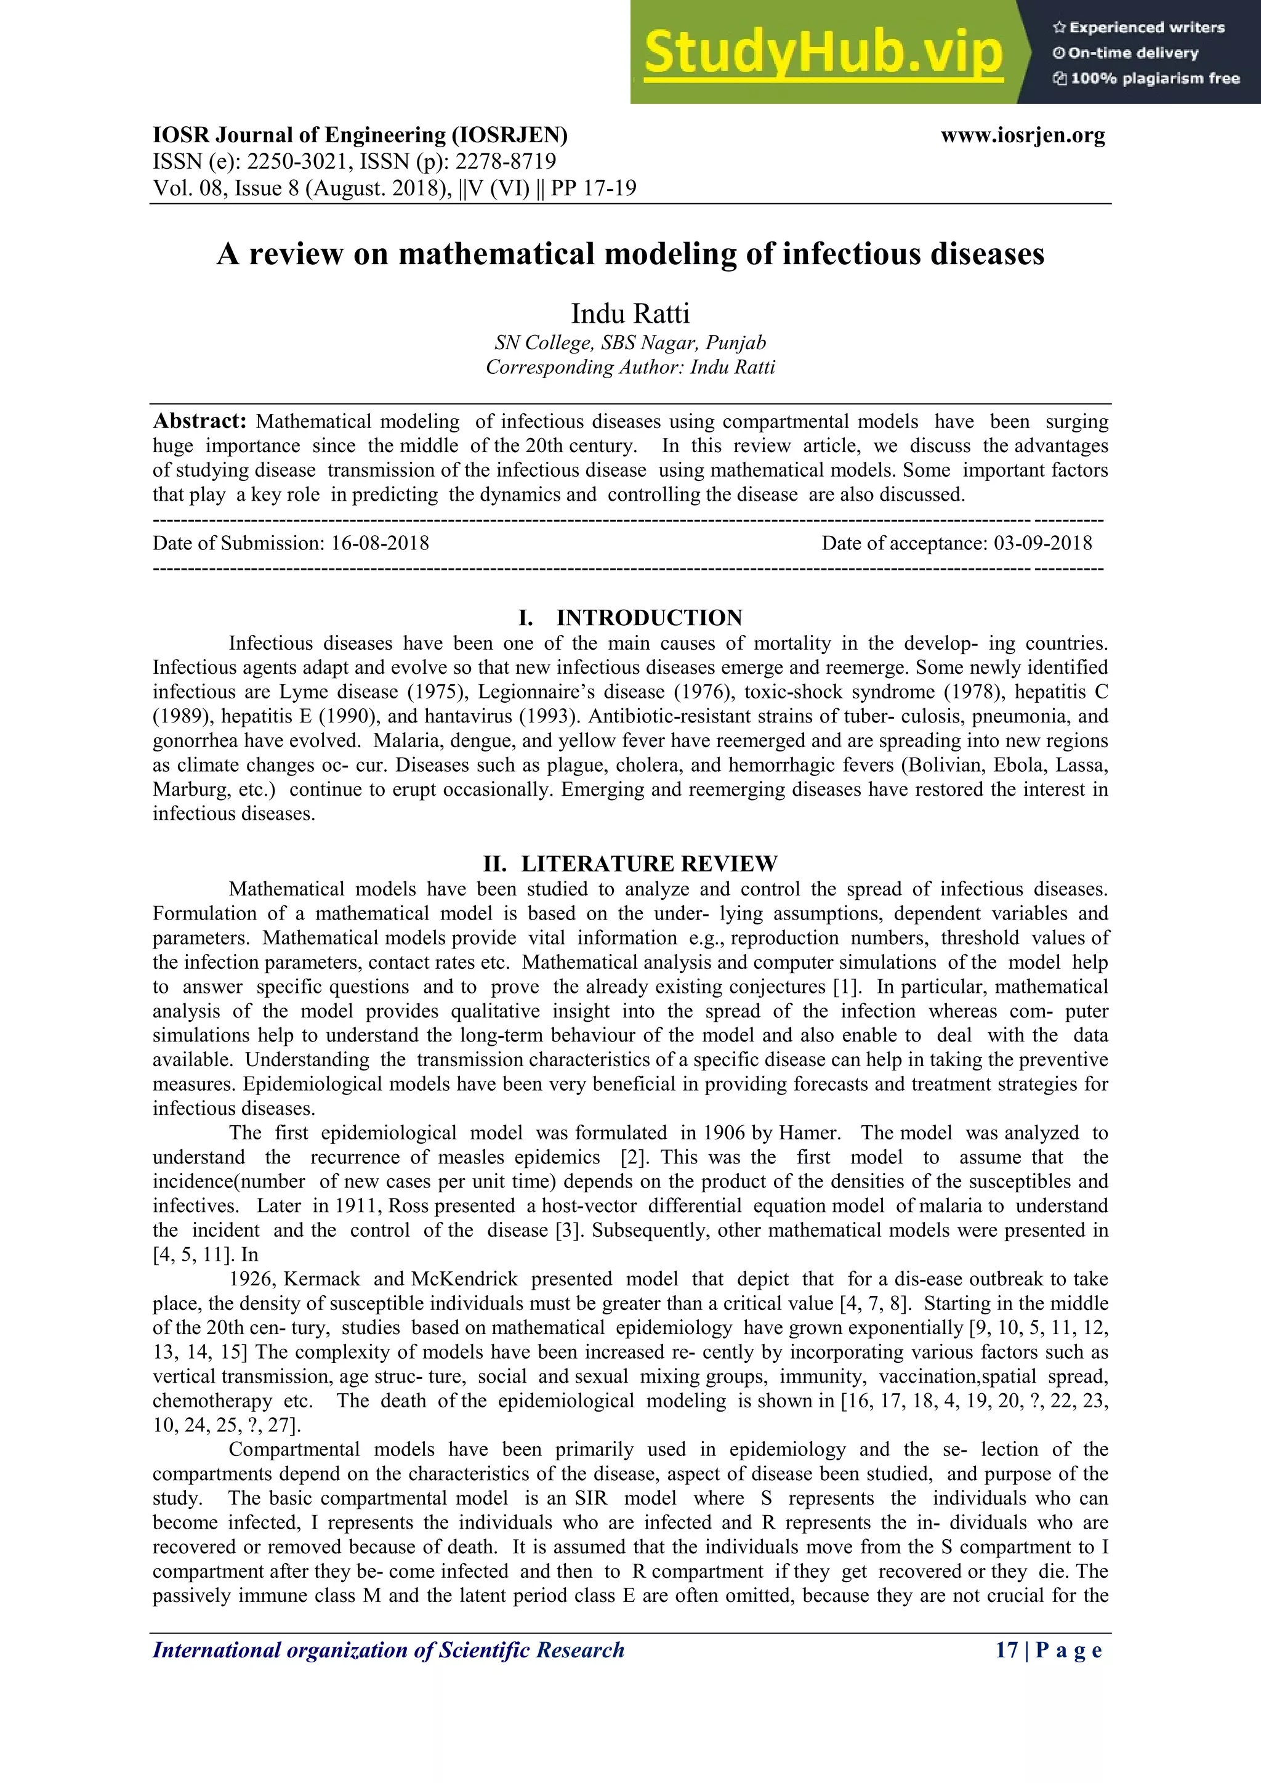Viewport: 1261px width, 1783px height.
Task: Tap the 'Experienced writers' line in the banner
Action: coord(1138,28)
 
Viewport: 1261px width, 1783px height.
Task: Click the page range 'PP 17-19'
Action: coord(593,188)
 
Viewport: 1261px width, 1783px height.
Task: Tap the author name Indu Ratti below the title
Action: coord(630,313)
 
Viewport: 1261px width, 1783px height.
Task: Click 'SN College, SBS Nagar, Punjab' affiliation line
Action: coord(630,342)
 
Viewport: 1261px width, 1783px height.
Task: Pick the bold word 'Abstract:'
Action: coord(199,422)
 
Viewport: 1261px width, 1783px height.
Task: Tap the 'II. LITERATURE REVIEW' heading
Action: coord(630,863)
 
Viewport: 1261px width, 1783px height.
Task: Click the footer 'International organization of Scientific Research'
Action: coord(389,1650)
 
